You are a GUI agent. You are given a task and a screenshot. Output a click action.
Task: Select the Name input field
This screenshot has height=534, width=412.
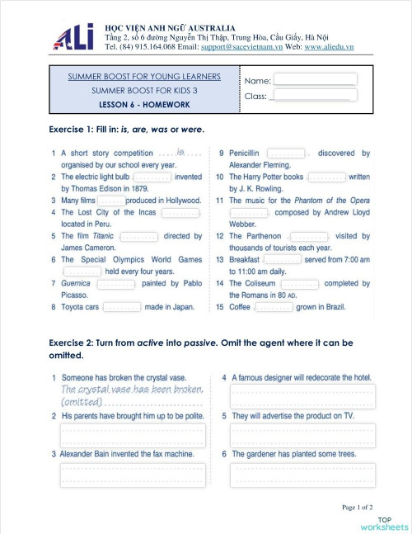tap(315, 79)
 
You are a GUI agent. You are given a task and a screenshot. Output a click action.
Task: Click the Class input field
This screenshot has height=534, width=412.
tap(314, 96)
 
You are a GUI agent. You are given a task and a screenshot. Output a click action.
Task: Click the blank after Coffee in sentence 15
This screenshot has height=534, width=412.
tap(274, 307)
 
